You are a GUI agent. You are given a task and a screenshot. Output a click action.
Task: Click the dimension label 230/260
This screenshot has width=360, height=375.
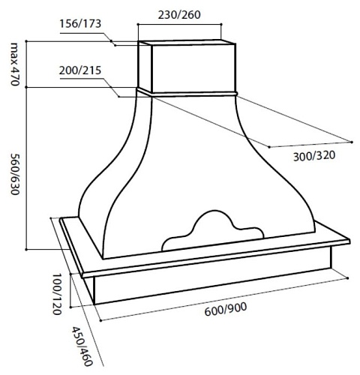point(179,15)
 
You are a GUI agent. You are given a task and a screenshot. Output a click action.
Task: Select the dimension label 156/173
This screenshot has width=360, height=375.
point(80,24)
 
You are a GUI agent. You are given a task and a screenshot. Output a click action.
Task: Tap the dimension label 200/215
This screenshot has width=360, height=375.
point(80,70)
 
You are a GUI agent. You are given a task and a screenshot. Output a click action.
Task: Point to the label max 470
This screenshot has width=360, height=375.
point(15,64)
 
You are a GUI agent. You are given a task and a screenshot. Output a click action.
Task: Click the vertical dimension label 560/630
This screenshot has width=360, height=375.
point(15,174)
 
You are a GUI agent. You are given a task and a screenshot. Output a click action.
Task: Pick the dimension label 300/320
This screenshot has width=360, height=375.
point(314,156)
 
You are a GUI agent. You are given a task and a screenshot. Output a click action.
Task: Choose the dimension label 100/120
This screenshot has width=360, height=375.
point(57,294)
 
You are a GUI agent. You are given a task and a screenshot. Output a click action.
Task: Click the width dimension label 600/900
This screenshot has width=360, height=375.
point(226,309)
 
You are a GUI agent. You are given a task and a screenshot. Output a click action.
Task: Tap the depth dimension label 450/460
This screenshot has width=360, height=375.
point(82,346)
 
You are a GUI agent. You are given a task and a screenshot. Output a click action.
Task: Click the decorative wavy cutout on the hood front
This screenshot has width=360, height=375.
point(212,230)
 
